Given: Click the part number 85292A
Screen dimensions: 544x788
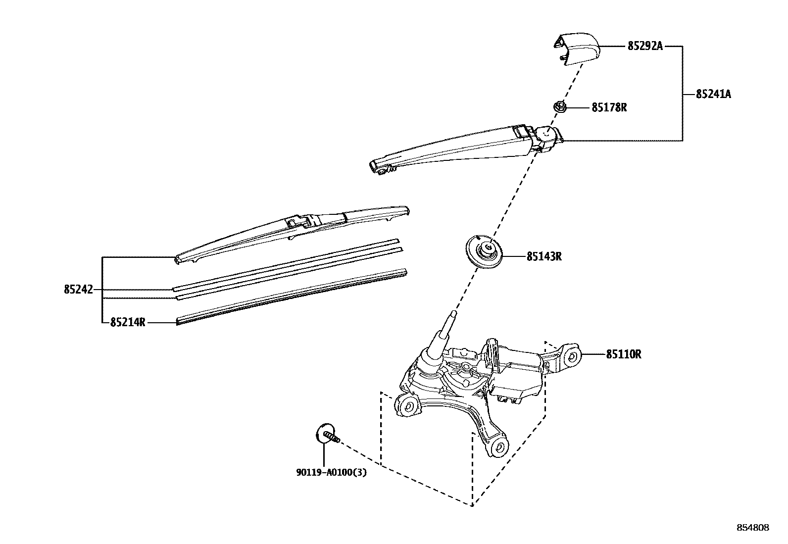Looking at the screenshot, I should tap(644, 46).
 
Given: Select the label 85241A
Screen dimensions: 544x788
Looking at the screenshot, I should tap(713, 94).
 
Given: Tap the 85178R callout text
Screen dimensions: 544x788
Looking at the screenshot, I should tap(609, 107).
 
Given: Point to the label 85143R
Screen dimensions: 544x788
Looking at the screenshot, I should tap(544, 256).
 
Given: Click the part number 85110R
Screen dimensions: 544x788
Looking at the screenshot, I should tap(624, 354).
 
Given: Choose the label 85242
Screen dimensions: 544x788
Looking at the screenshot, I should tap(78, 290).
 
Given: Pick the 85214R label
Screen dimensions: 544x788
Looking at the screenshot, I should tap(128, 322).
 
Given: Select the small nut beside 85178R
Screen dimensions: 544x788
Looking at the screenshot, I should tap(560, 106).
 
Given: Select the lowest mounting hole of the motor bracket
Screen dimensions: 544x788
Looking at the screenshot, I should tap(499, 447).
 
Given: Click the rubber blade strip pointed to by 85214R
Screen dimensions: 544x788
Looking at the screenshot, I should tap(292, 297).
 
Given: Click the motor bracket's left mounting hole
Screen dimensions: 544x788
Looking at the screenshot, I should tap(409, 407).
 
